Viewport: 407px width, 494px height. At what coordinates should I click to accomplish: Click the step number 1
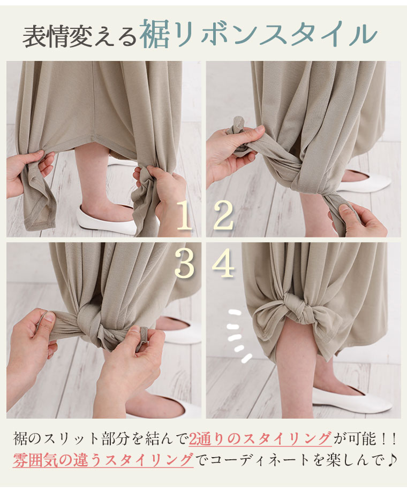184,216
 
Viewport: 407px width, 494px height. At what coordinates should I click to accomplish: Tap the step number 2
223,216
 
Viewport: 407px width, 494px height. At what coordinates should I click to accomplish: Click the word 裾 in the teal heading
153,34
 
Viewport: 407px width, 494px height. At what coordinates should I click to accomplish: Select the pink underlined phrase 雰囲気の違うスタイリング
103,460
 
